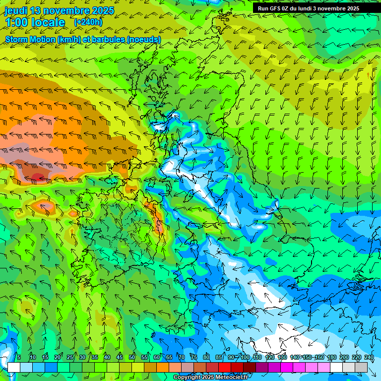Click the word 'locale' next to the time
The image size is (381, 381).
pos(48,22)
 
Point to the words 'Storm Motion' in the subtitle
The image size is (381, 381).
pos(30,39)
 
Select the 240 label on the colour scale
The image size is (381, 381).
pos(369,357)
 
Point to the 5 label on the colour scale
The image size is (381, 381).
pos(19,357)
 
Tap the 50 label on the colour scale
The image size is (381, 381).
pos(132,357)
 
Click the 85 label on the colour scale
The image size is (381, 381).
pos(219,357)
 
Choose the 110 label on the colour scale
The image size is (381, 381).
pos(257,357)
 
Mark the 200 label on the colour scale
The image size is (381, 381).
pos(344,357)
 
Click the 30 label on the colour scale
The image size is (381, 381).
pos(82,357)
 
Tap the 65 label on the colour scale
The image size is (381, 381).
pos(169,357)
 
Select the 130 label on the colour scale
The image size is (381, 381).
pos(282,357)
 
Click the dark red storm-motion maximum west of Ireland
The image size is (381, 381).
pos(38,177)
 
